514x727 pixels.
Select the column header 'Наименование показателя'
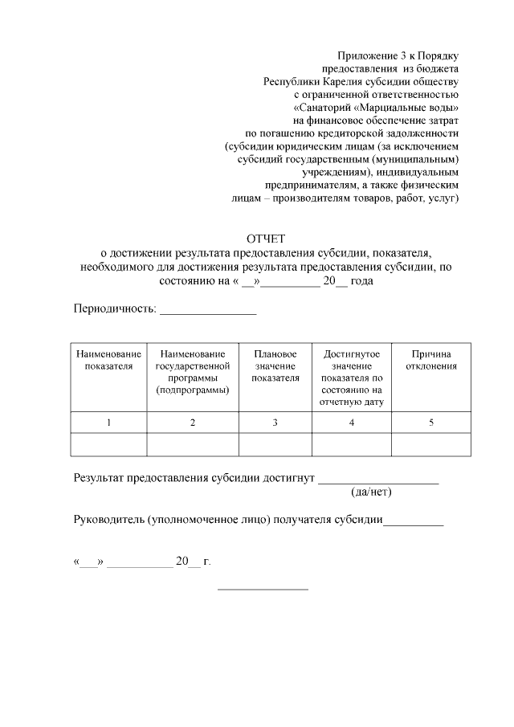108,360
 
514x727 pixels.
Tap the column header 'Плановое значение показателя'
275,366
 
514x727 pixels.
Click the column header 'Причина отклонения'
431,360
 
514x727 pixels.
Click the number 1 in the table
108,423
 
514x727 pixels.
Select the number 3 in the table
275,423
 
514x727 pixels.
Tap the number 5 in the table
431,423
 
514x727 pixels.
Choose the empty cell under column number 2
193,444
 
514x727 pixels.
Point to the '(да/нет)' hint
372,492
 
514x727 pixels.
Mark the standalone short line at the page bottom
263,590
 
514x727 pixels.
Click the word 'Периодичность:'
115,308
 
